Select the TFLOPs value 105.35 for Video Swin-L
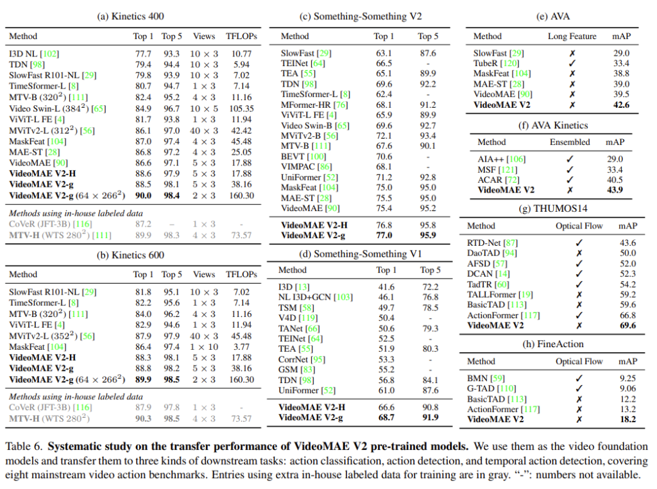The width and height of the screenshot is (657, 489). point(241,108)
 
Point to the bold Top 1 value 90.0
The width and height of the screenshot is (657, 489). point(142,196)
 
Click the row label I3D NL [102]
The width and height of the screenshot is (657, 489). point(33,55)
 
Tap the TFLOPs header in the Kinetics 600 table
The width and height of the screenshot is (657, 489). point(241,274)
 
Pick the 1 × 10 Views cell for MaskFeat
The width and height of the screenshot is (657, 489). point(204,347)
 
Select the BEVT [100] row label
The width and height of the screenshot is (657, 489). point(303,156)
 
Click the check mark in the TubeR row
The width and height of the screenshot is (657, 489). point(572,64)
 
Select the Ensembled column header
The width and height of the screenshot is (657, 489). point(570,142)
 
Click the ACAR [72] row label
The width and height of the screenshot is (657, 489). point(499,180)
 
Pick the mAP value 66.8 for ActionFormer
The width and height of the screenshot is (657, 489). point(627,315)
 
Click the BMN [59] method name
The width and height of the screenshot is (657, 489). point(486,379)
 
